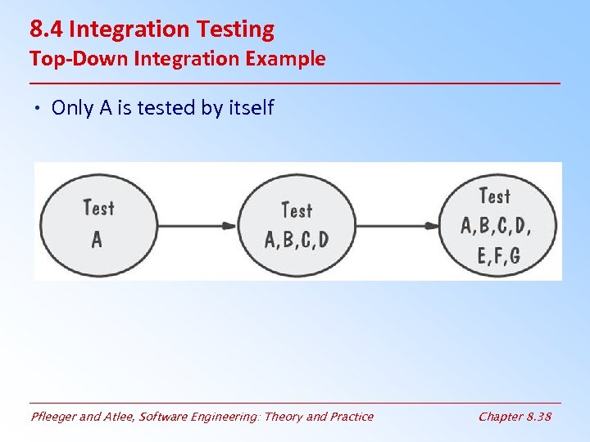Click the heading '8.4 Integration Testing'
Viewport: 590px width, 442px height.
click(x=152, y=29)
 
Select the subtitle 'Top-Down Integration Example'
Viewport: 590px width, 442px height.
click(x=177, y=59)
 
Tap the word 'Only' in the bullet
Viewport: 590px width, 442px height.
click(x=72, y=108)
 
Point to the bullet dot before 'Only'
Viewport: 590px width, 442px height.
click(x=39, y=109)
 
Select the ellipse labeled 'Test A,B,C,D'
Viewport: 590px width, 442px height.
click(x=297, y=223)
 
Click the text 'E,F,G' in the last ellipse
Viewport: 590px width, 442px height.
click(x=498, y=255)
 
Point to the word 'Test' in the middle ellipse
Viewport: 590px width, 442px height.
click(x=297, y=210)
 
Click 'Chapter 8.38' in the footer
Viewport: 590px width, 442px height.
click(x=515, y=417)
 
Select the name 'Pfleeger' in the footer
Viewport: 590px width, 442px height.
click(x=54, y=417)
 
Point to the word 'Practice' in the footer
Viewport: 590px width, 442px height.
click(x=351, y=417)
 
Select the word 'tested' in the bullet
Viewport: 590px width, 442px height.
click(x=168, y=108)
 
